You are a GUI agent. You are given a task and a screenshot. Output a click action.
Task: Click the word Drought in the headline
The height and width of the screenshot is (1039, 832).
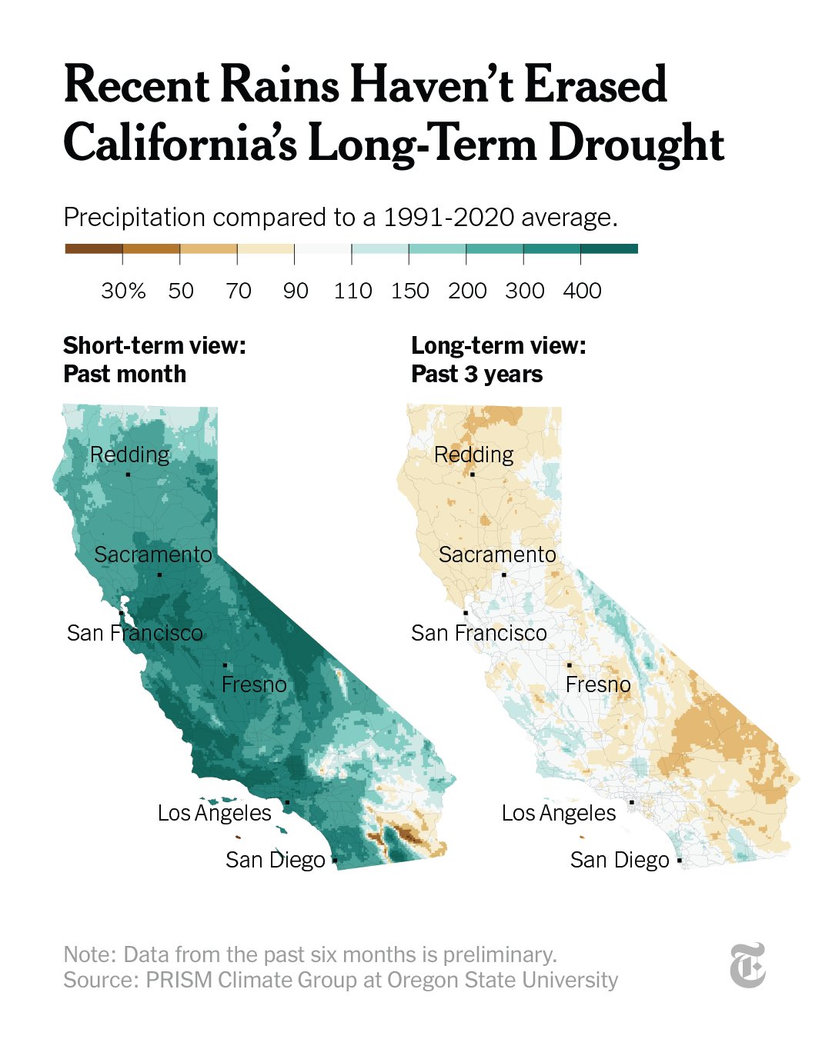pos(636,144)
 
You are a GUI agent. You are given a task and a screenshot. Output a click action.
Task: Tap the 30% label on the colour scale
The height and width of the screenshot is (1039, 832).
pos(123,291)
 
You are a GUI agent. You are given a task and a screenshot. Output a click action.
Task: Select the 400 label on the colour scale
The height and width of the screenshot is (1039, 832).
pos(582,291)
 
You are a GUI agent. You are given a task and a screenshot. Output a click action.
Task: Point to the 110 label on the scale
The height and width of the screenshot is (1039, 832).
pos(353,291)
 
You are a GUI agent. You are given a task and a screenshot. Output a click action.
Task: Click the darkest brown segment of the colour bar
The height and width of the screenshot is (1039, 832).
pos(93,248)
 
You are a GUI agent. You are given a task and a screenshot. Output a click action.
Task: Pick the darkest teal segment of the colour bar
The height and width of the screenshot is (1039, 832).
pos(609,248)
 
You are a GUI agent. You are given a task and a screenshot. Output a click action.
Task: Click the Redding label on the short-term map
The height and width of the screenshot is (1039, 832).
pos(129,455)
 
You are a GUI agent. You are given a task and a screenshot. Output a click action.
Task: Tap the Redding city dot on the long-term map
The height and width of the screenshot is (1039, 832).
pos(472,475)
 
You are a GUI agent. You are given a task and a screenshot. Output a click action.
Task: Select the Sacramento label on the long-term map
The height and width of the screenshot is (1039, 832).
pos(497,554)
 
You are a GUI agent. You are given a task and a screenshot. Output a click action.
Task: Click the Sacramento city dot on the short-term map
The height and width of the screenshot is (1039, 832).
pos(159,574)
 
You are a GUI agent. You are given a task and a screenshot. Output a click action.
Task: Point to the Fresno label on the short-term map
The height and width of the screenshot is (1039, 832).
pos(254,684)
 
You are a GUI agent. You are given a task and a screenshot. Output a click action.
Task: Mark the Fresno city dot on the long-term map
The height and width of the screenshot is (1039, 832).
pos(570,665)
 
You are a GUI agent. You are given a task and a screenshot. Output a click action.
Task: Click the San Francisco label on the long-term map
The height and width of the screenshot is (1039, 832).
pos(479,633)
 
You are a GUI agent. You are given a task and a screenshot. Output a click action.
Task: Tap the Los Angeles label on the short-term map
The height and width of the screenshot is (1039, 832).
pos(214,813)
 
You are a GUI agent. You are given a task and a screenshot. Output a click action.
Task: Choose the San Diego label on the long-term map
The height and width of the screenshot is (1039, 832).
pos(620,860)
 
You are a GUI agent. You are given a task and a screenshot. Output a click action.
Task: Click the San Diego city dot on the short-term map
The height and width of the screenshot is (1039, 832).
pos(335,861)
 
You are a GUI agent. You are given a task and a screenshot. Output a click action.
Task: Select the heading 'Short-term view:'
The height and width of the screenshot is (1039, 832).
pos(154,345)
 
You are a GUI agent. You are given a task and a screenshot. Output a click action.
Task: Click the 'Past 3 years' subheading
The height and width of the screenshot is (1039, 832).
pos(476,375)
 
